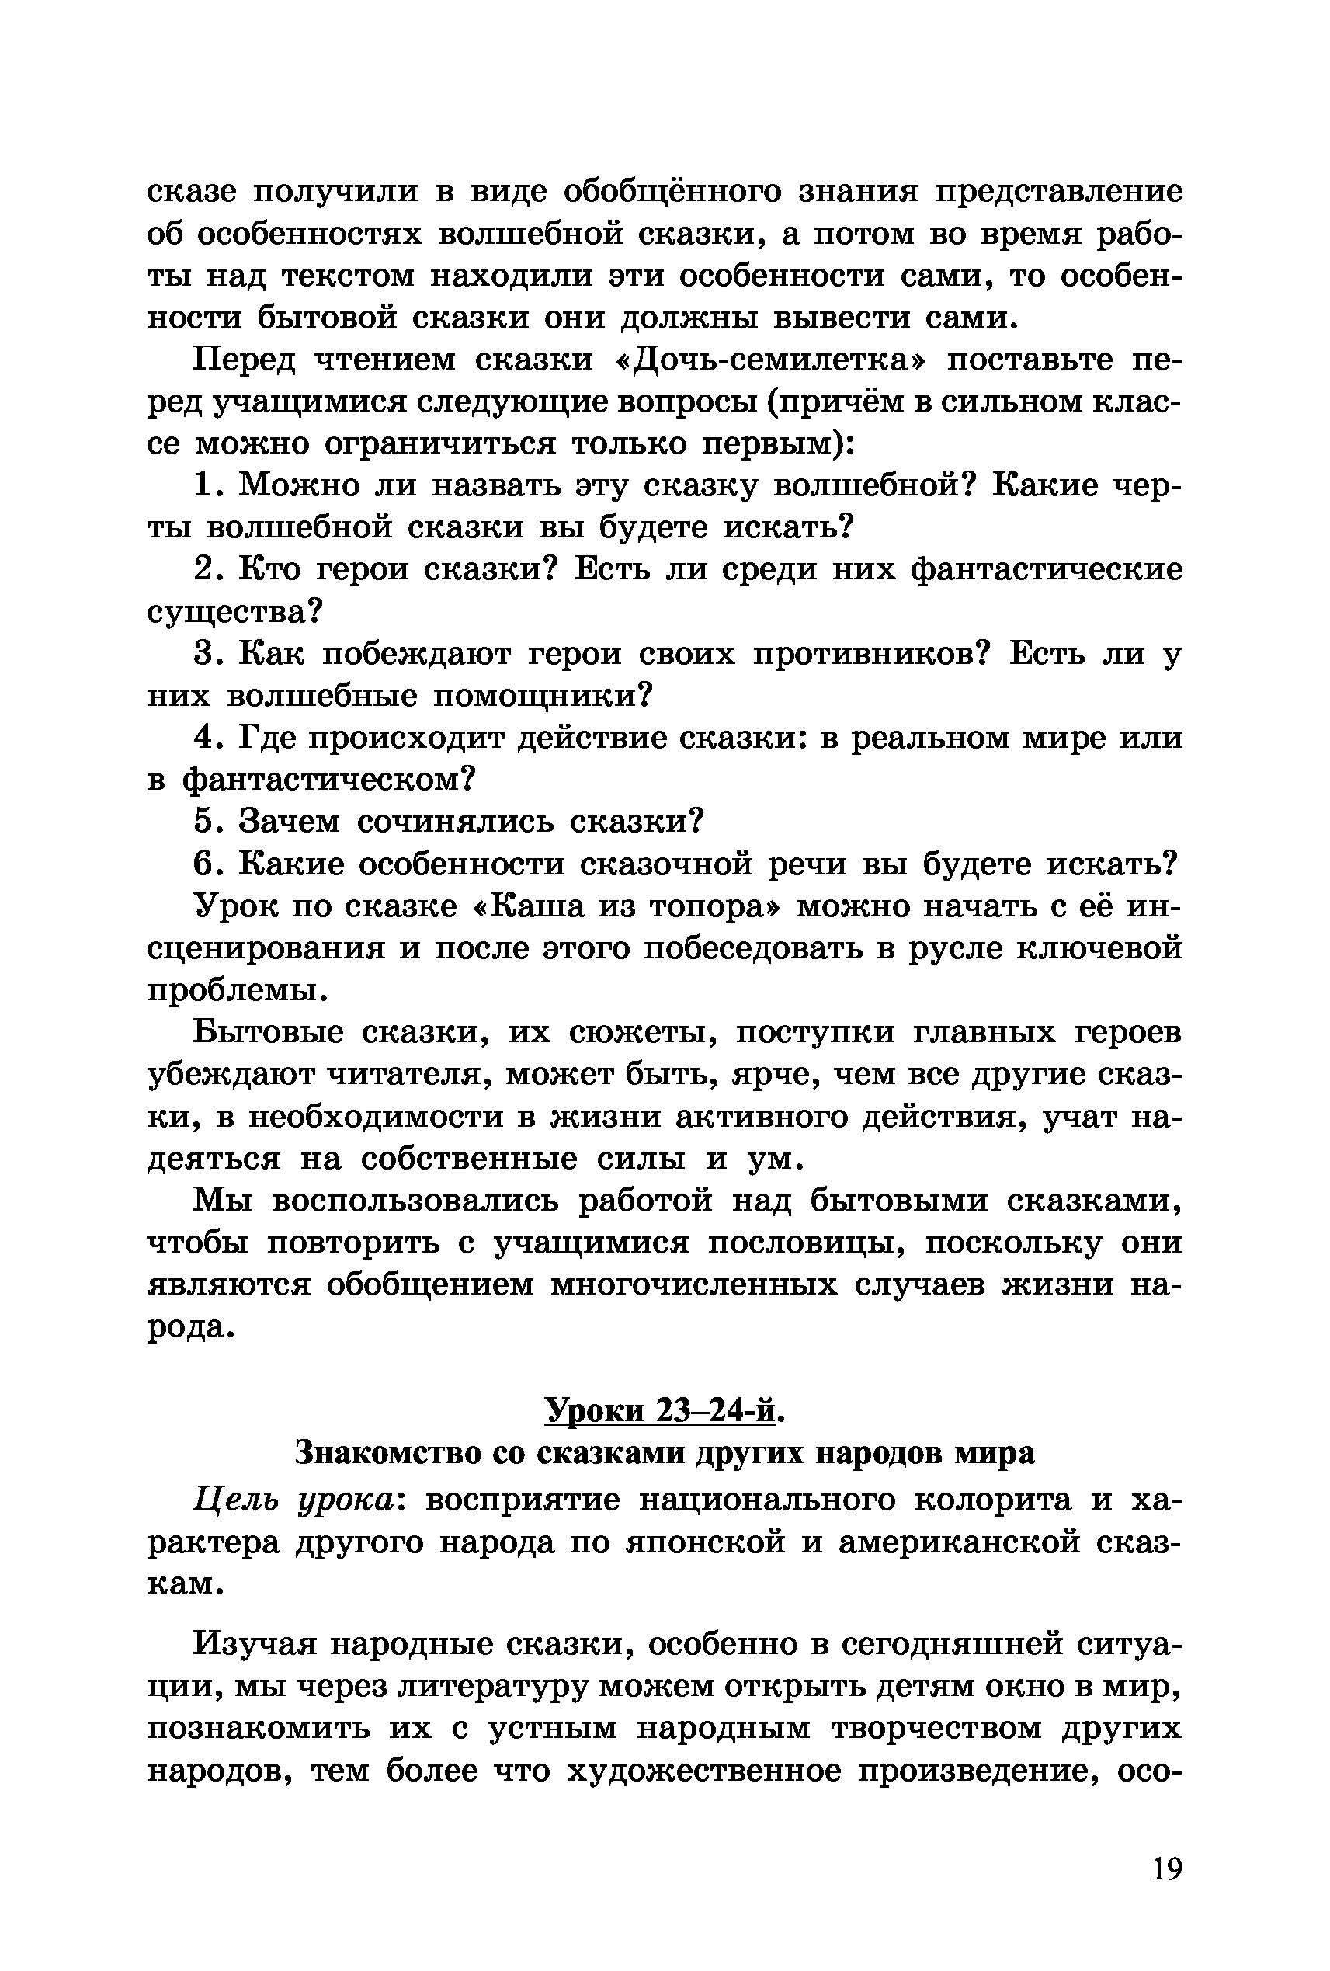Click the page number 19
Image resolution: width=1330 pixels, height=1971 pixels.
pyautogui.click(x=1166, y=1868)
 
